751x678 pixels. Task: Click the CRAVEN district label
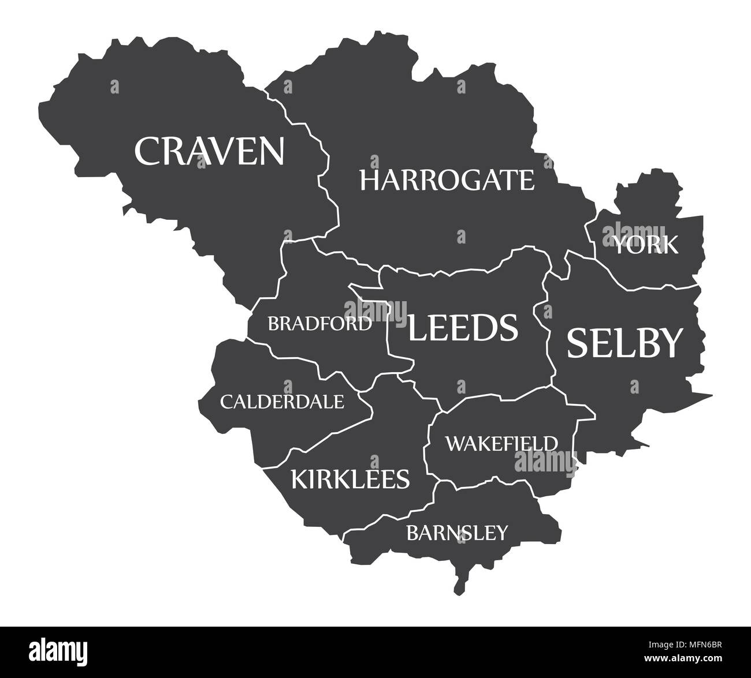coord(209,151)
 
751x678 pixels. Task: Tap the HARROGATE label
coord(447,180)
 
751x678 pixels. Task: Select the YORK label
coord(645,245)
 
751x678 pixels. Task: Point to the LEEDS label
coord(463,328)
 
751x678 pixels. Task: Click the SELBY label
coord(625,343)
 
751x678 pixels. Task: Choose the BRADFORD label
coord(319,324)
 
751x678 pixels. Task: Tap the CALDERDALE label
coord(282,401)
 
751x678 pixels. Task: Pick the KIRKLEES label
coord(350,478)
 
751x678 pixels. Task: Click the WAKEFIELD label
coord(501,443)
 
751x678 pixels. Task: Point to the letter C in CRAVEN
coord(147,151)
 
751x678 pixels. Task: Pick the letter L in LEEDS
coord(417,328)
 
